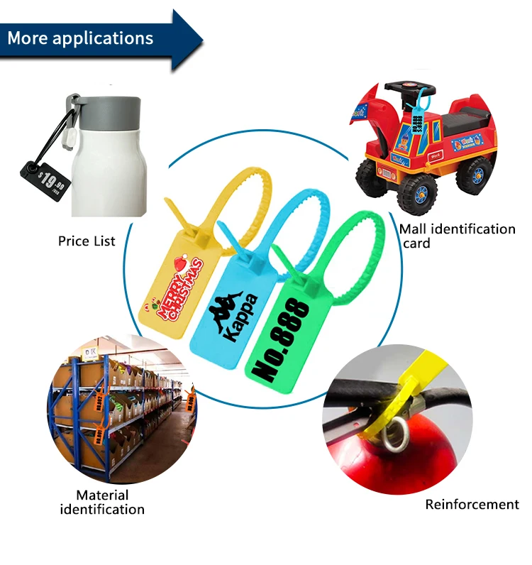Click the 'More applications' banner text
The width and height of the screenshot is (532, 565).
[80, 38]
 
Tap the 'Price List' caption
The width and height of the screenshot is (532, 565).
[87, 241]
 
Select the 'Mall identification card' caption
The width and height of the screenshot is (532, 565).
[457, 236]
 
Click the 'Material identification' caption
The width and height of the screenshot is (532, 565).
[102, 502]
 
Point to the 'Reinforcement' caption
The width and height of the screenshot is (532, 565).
[472, 505]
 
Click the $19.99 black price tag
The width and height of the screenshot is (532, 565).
[45, 180]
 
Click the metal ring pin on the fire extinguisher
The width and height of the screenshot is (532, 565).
[394, 433]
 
